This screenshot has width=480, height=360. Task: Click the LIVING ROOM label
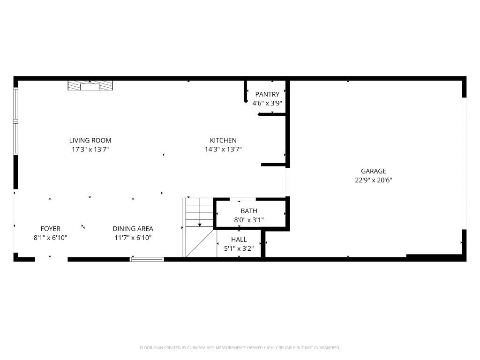click(90, 140)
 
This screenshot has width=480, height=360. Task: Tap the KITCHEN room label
click(223, 140)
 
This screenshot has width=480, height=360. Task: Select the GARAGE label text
click(373, 171)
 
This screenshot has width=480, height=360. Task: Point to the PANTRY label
click(267, 94)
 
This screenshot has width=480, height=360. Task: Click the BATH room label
click(249, 211)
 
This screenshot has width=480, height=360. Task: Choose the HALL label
click(239, 240)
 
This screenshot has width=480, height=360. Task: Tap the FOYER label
click(50, 229)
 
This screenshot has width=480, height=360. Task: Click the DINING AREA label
click(133, 229)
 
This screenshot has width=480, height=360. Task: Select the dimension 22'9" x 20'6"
click(373, 180)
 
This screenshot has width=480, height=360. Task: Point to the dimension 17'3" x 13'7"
click(90, 149)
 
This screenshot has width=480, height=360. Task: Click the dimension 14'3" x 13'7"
click(223, 149)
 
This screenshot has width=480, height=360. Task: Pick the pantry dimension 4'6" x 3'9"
click(267, 103)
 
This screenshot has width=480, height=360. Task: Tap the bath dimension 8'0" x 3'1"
click(249, 220)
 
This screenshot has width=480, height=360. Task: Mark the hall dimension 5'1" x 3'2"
click(239, 248)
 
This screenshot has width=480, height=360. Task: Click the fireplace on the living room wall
click(90, 85)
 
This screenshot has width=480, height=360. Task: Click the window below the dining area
click(147, 258)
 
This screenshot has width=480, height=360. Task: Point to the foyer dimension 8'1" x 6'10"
click(50, 238)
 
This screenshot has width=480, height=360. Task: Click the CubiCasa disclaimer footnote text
click(240, 348)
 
